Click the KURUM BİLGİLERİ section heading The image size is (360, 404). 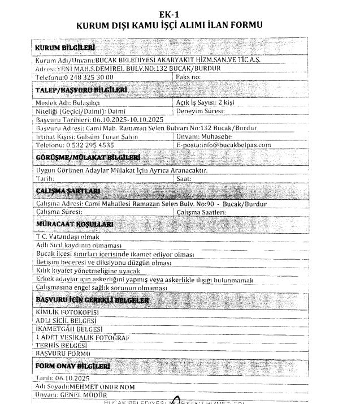pos(65,47)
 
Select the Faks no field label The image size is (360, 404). pos(189,76)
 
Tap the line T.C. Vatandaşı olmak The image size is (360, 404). pos(67,237)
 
